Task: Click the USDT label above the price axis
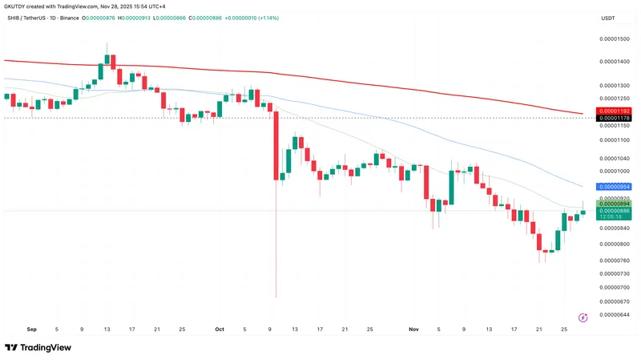(607, 18)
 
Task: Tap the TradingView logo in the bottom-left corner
(38, 347)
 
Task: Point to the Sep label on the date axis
(31, 329)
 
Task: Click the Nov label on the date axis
(413, 329)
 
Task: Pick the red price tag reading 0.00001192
(613, 111)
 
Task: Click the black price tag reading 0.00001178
(613, 118)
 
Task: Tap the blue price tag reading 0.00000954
(613, 186)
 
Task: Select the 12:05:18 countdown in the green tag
(613, 217)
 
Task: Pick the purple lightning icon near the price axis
(583, 318)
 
